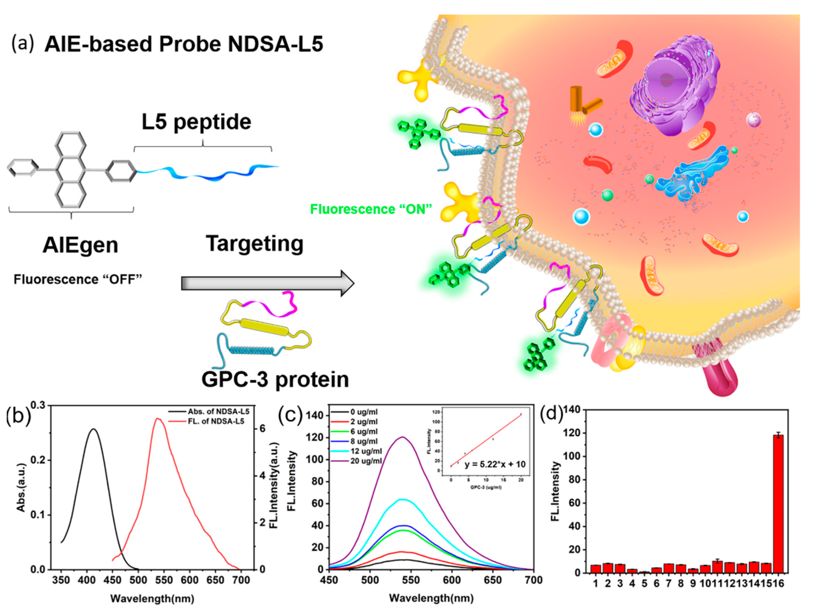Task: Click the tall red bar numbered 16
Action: [778, 504]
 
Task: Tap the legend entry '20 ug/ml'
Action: [365, 461]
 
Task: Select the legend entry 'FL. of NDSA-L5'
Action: [216, 421]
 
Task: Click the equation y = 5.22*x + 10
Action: [495, 464]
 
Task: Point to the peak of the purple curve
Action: [403, 437]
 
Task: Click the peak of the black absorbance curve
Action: [93, 429]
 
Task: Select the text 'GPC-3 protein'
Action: [275, 379]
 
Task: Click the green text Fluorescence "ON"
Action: [370, 209]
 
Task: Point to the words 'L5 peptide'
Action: [197, 122]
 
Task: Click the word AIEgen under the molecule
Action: [80, 245]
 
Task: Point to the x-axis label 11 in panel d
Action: [717, 583]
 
